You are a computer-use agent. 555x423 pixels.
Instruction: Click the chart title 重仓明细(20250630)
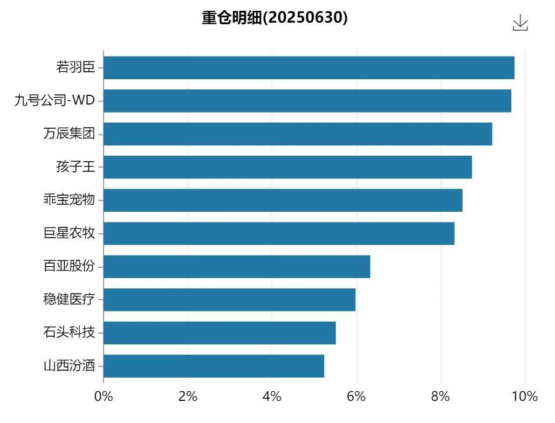point(275,18)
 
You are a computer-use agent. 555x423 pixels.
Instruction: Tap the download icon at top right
point(520,23)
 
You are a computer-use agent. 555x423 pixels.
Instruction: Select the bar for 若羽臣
point(309,68)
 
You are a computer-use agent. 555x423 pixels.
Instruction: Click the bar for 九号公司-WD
point(307,101)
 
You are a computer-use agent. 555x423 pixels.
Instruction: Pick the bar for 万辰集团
point(298,134)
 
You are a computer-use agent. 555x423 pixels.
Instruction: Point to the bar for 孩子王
point(287,167)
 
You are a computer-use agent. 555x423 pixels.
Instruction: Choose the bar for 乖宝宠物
point(283,200)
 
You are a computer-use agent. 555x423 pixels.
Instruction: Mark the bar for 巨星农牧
point(279,233)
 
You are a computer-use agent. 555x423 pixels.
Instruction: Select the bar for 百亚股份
point(237,267)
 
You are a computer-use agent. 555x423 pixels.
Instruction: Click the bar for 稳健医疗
point(229,300)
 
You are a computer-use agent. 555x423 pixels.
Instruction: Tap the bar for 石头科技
point(220,333)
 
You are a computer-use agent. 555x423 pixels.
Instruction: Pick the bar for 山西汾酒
point(214,366)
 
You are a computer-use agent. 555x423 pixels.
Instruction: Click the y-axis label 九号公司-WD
point(54,100)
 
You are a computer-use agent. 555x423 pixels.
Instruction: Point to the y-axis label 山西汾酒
point(69,366)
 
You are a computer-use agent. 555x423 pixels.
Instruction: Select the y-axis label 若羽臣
point(76,67)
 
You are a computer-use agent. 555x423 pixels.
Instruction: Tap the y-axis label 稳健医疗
point(69,300)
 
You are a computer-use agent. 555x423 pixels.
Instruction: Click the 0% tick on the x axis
point(104,397)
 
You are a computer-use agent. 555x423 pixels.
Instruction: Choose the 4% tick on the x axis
point(272,397)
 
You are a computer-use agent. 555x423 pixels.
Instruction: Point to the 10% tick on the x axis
point(525,397)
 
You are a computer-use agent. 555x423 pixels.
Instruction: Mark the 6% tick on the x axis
point(357,397)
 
